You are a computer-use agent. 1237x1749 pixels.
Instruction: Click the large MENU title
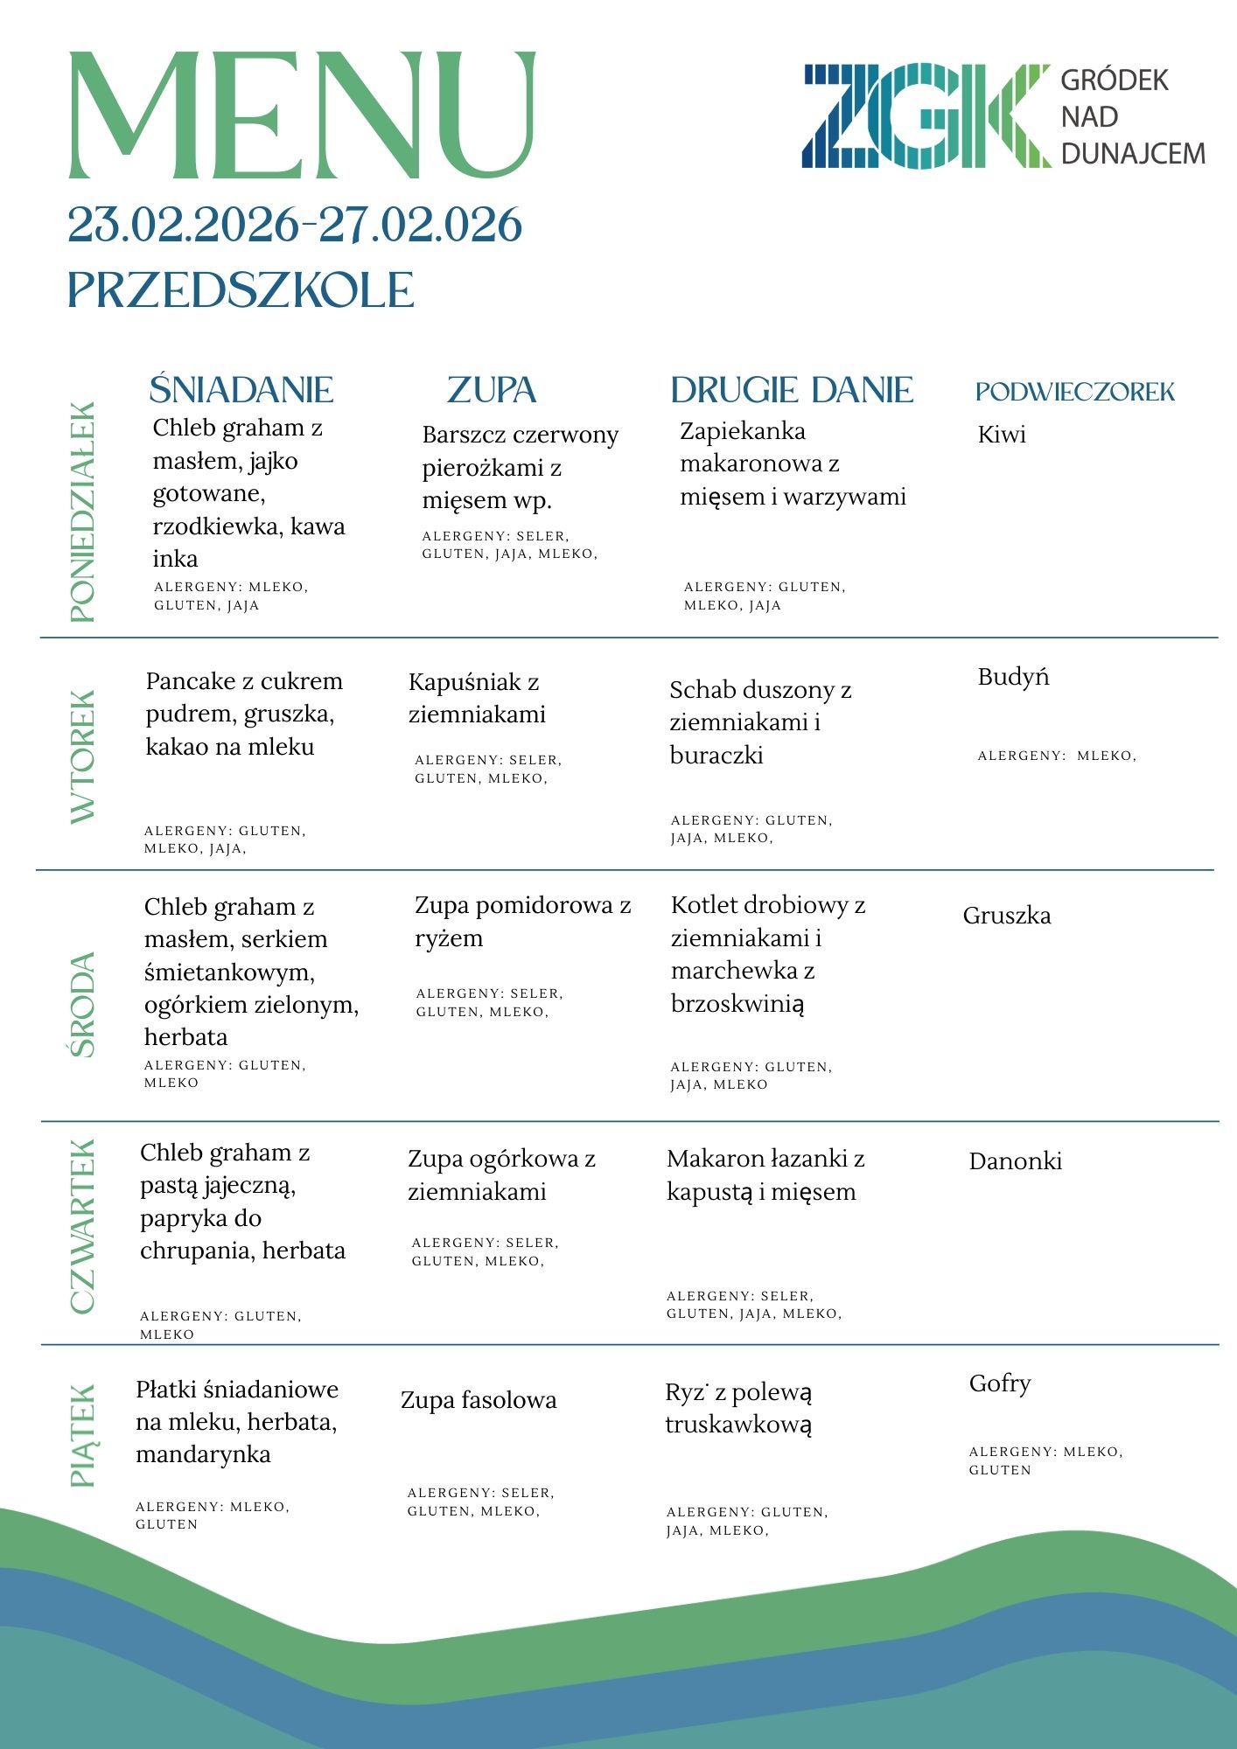point(301,115)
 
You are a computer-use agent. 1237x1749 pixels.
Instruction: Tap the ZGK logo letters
point(926,115)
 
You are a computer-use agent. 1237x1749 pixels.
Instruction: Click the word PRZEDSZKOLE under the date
point(241,290)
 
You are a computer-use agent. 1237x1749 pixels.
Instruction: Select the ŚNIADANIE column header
point(241,390)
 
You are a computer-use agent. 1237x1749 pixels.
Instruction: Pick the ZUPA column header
point(492,390)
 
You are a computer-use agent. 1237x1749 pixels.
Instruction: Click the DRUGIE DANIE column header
point(792,390)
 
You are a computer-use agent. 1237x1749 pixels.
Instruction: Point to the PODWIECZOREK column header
point(1075,392)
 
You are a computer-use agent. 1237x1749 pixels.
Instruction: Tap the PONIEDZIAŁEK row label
point(82,512)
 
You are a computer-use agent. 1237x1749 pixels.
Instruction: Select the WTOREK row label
point(82,756)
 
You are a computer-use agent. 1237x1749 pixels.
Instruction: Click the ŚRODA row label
point(82,1005)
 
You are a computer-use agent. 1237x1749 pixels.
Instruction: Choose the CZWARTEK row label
point(82,1226)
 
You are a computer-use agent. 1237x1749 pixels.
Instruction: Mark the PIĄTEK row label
point(82,1435)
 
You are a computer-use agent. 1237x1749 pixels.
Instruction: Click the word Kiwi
point(1002,435)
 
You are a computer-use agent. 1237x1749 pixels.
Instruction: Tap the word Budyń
point(1013,677)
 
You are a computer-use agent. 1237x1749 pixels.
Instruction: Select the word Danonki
point(1016,1161)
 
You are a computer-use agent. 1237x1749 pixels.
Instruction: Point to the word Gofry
point(1000,1383)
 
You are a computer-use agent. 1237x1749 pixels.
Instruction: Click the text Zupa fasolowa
point(479,1400)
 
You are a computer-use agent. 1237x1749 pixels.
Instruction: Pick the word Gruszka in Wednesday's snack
point(1007,916)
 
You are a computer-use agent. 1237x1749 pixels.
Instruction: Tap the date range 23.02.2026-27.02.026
point(295,225)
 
